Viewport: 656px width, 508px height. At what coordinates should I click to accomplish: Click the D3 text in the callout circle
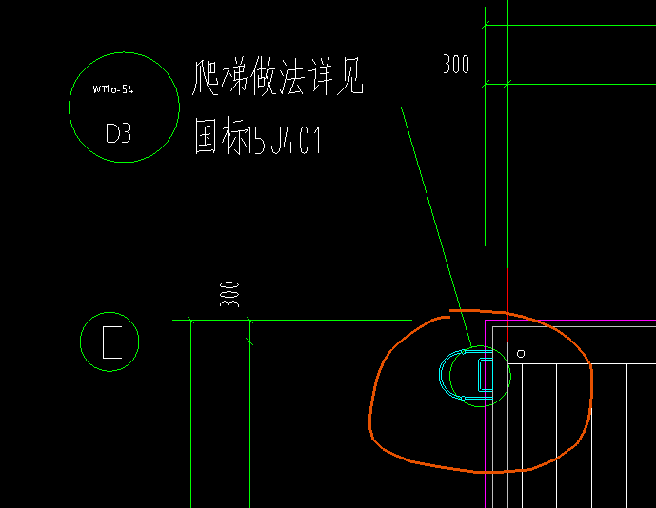coord(118,134)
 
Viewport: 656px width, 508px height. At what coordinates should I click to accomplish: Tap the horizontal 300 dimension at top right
coord(456,65)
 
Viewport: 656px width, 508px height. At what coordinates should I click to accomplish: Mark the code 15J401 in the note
coord(285,140)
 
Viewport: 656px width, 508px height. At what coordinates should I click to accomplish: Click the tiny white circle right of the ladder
coord(521,353)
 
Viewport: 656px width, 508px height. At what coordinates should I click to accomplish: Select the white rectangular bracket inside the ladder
coord(485,375)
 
